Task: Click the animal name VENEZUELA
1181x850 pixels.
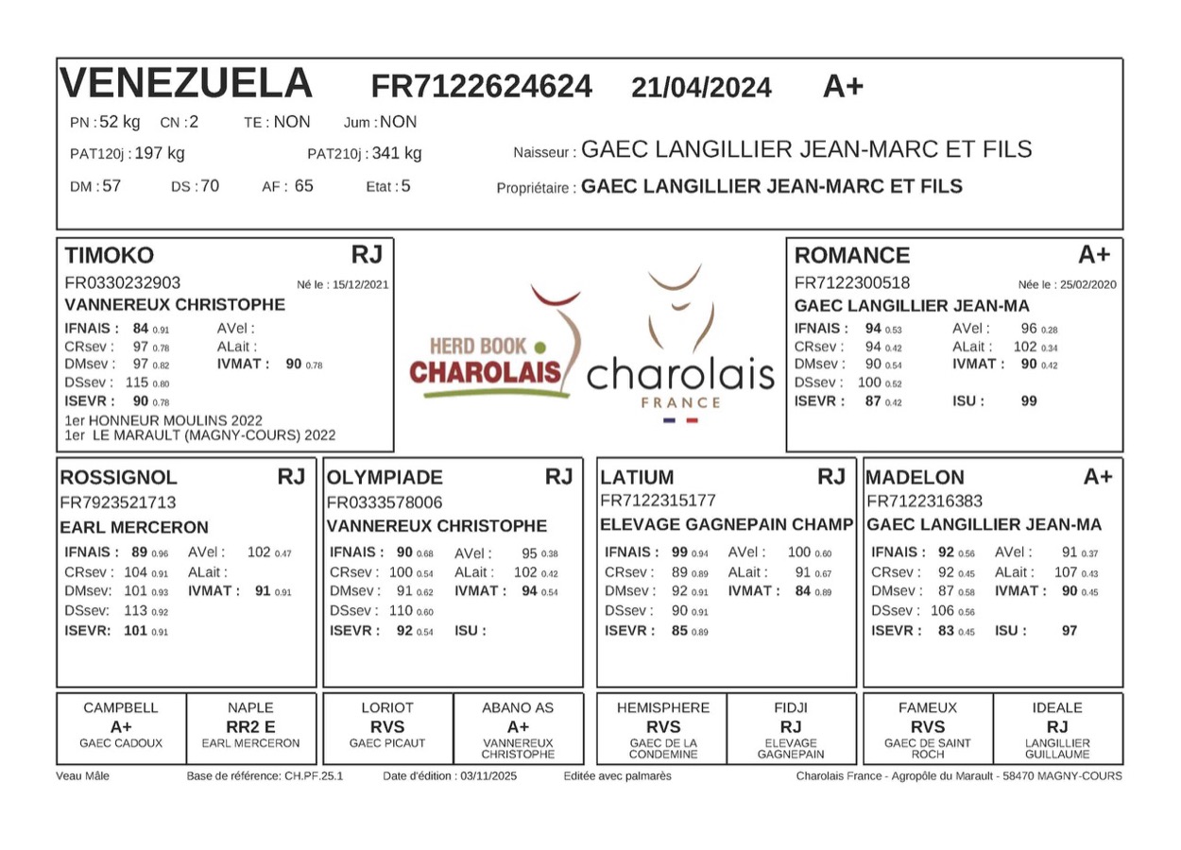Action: (x=186, y=84)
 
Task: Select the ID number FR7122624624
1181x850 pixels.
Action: (x=481, y=87)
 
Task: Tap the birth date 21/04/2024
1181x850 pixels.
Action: (x=701, y=88)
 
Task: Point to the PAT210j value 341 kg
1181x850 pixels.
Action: (x=397, y=153)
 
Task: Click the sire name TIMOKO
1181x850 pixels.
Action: (x=109, y=255)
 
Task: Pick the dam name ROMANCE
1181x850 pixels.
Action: (x=851, y=255)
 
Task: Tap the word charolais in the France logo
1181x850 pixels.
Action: (x=680, y=375)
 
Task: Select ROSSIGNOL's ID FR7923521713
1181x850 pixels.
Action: (x=118, y=502)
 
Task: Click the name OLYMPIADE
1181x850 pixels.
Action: (x=384, y=478)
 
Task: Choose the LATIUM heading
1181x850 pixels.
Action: (x=637, y=478)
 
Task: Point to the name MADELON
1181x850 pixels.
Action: (x=915, y=478)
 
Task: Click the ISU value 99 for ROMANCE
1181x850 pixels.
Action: (x=1029, y=400)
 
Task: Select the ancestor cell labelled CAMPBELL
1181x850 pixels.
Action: (x=121, y=707)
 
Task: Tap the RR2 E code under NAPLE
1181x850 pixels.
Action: (x=250, y=726)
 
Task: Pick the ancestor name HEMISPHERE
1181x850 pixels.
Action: (x=662, y=707)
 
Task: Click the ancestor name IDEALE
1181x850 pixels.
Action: (x=1057, y=707)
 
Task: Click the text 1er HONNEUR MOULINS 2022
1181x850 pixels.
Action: (x=163, y=420)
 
